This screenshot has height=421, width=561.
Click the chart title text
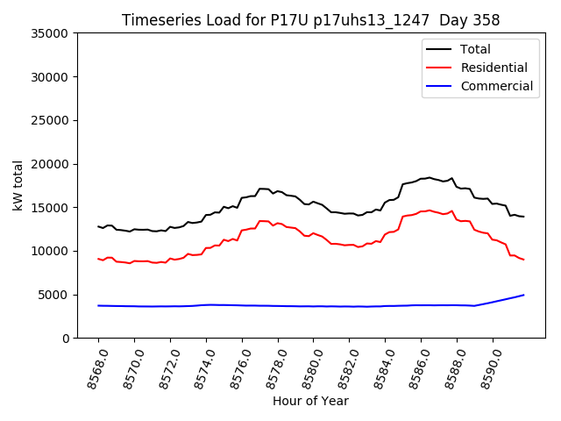tap(309, 20)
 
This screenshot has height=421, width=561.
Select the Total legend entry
tap(475, 49)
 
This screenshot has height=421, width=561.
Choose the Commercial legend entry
tap(496, 86)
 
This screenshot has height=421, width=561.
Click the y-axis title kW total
tap(18, 185)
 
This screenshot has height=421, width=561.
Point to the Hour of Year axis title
tap(309, 401)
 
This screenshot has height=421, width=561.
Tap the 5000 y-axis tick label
tap(54, 295)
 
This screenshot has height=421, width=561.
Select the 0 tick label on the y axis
tap(66, 338)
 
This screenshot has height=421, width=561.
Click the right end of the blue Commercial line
tap(523, 295)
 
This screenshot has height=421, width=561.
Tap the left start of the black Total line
tap(98, 226)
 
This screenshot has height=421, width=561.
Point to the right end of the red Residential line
tap(523, 260)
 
